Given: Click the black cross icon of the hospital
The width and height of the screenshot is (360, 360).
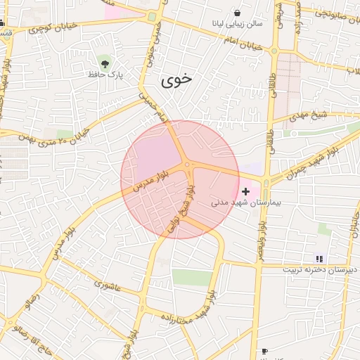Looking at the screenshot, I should (245, 191).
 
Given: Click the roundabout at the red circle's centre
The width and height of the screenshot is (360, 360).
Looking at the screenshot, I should (188, 166).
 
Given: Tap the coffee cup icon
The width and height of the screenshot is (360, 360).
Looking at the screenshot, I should (264, 351).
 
